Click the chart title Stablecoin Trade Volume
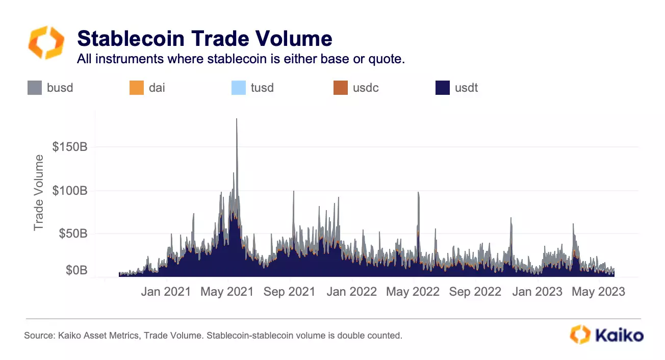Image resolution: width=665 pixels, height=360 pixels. coord(204,39)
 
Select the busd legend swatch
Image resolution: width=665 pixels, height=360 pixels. coord(34,88)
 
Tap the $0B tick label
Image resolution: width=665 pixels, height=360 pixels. coord(76,270)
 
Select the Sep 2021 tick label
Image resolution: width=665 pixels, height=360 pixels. coord(290,292)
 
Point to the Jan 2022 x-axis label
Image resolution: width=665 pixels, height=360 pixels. coord(352,292)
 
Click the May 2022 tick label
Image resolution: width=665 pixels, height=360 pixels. coord(414,292)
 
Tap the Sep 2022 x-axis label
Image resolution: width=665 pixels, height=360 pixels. coord(475,292)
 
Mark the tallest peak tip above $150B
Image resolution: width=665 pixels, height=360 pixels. coord(237,119)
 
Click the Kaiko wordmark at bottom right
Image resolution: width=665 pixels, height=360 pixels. coord(619,335)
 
